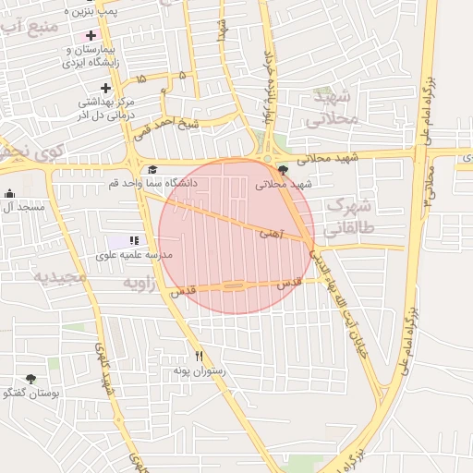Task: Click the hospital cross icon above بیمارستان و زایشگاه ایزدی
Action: pyautogui.click(x=91, y=35)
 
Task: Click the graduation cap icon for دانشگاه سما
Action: pyautogui.click(x=152, y=170)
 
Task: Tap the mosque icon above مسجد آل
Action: pyautogui.click(x=10, y=194)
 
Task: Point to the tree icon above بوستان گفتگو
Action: pyautogui.click(x=30, y=379)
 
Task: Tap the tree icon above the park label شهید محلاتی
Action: pyautogui.click(x=282, y=170)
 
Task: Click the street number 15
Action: pyautogui.click(x=139, y=80)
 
